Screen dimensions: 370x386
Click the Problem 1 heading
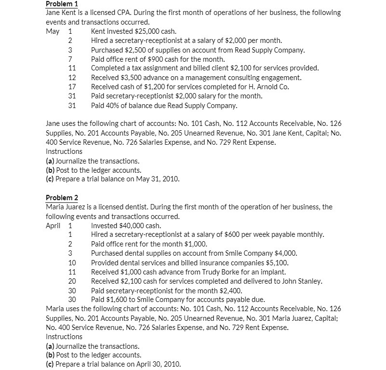[x=62, y=3]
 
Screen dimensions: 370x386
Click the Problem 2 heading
[x=62, y=198]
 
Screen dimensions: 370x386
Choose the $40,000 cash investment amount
[x=135, y=225]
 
